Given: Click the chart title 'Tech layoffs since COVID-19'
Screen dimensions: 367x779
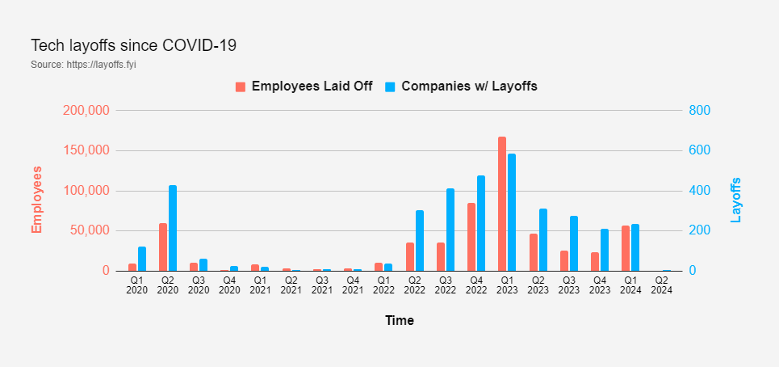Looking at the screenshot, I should [133, 45].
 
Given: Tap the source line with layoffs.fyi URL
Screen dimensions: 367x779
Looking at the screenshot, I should [83, 65].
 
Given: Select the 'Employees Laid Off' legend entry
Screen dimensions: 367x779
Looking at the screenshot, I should [304, 86].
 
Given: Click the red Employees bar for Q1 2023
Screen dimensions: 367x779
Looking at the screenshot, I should [502, 204].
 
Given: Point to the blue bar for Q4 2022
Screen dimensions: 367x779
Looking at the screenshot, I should [481, 223].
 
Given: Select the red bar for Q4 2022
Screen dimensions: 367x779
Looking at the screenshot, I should [471, 237].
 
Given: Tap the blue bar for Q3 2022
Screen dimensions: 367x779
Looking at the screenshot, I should [450, 230].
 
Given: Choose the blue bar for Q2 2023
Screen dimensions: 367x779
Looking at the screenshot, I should [543, 239].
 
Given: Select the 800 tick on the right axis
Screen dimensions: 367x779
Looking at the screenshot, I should [699, 111].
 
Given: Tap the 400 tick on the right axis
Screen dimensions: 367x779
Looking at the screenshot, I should [699, 191].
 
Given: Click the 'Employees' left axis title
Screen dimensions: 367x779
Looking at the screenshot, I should [36, 200].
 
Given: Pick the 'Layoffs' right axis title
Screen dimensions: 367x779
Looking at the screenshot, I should [735, 200].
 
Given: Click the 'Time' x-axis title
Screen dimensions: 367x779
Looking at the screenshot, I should [399, 321].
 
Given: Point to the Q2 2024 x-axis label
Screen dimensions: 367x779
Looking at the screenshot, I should [661, 285].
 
